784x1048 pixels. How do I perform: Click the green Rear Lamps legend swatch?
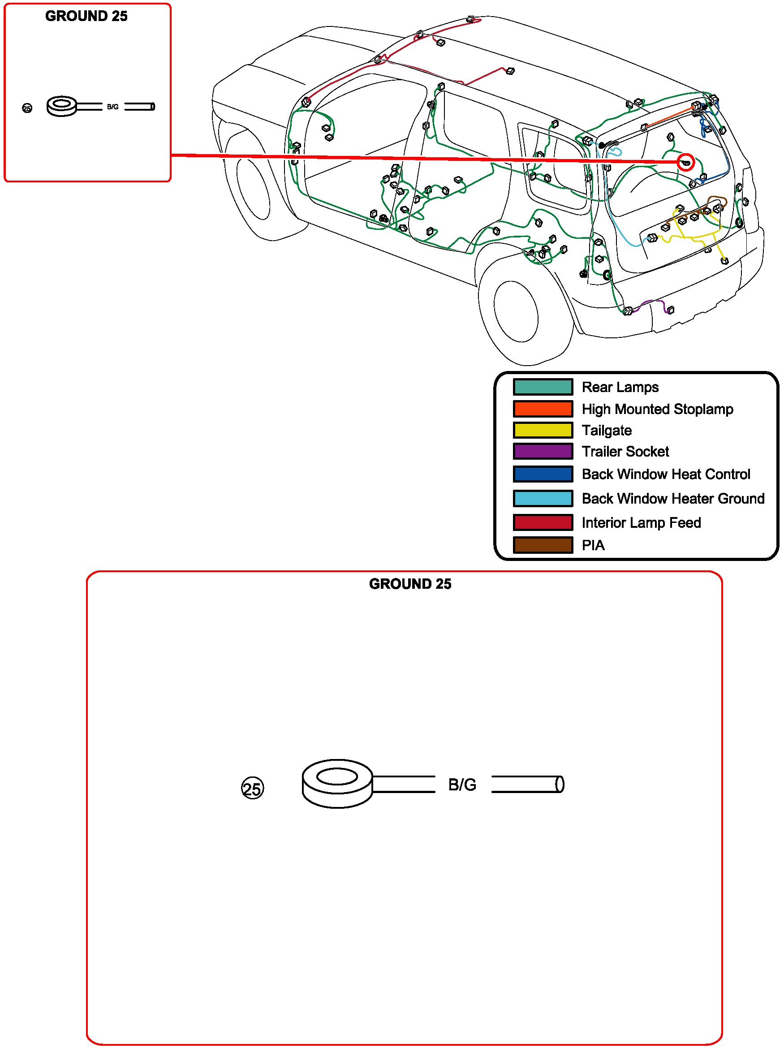[543, 387]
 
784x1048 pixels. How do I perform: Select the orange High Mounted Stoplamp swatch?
[543, 408]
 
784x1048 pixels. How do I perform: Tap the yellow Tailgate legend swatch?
[543, 430]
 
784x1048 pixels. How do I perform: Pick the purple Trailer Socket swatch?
[543, 451]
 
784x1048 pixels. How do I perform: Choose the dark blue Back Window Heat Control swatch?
[543, 474]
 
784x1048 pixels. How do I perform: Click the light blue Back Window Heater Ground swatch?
[543, 498]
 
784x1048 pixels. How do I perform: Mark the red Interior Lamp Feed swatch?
[543, 522]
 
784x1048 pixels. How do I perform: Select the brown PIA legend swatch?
[543, 545]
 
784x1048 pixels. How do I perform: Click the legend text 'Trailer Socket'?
[625, 452]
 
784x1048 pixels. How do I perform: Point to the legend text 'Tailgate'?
[606, 430]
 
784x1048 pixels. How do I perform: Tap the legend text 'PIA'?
[593, 545]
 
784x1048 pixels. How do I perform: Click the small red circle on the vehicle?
[685, 162]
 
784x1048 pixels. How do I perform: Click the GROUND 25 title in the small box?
[86, 16]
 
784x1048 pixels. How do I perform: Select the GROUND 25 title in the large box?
[410, 584]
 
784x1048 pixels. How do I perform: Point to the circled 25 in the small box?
[27, 108]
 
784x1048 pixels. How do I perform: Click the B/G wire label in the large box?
[462, 785]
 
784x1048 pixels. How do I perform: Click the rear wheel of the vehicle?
[517, 311]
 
